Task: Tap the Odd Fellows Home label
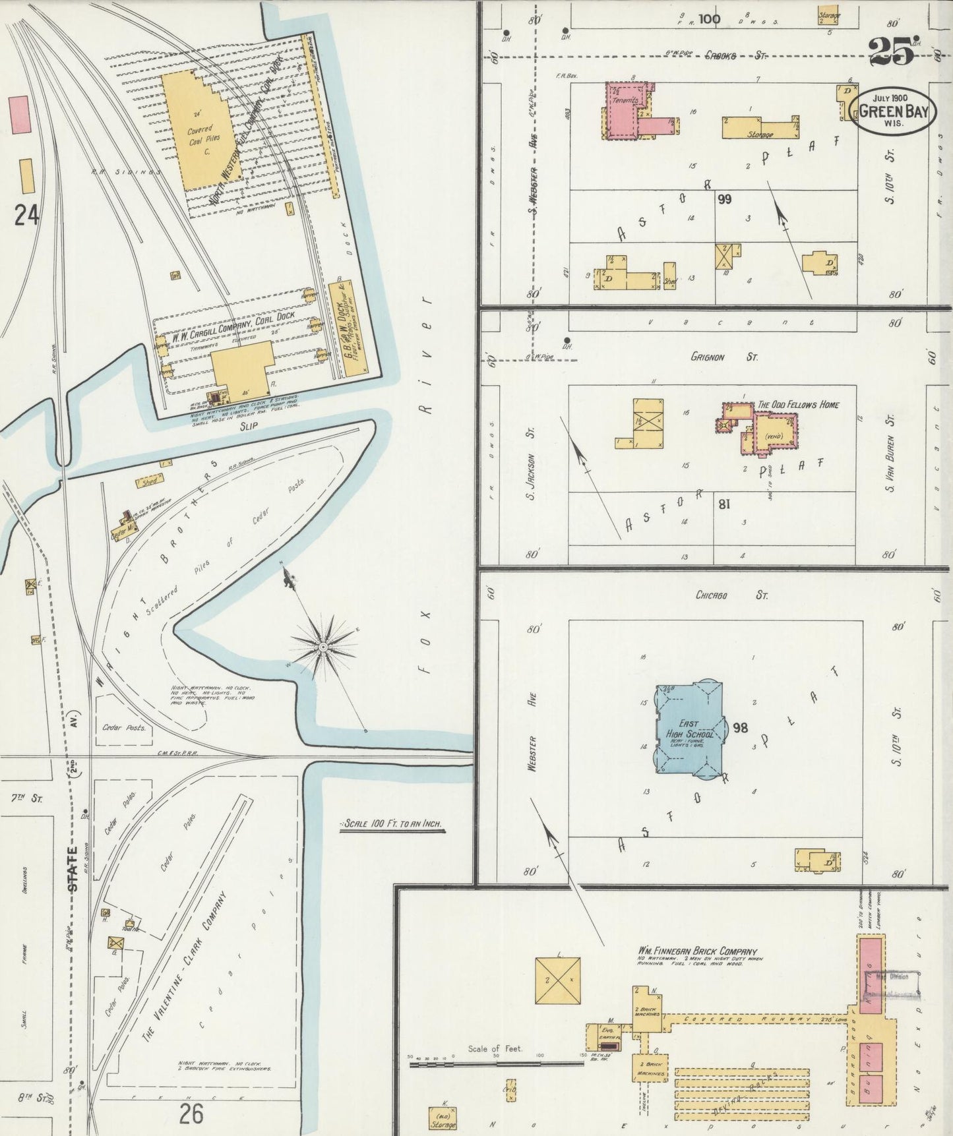(798, 404)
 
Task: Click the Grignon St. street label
(723, 357)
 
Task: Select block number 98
(740, 728)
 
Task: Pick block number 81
(723, 504)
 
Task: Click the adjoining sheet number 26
(190, 1114)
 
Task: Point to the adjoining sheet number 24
(26, 215)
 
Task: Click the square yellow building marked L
(558, 980)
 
